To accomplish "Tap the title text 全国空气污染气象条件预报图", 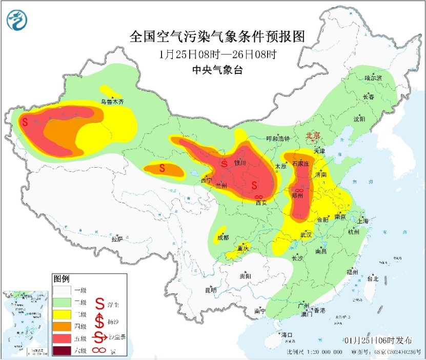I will [x=218, y=37].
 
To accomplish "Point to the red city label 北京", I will [x=313, y=135].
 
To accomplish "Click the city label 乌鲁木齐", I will [x=112, y=102].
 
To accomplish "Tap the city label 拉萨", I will [x=117, y=238].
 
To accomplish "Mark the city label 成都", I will [x=222, y=237].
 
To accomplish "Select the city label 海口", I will [x=287, y=335].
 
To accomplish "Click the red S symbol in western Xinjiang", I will [x=25, y=122].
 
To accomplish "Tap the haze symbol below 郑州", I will [x=300, y=191].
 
